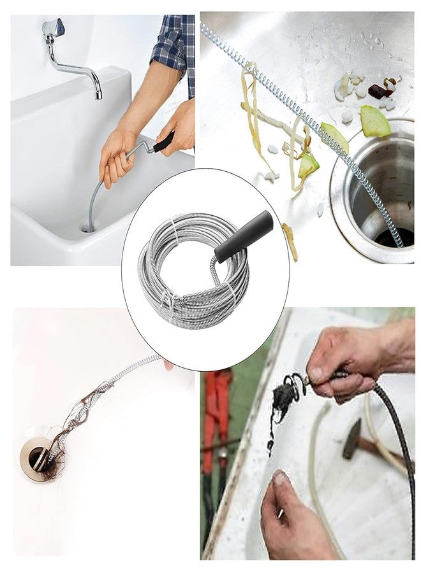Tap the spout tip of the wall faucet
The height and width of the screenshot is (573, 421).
tap(98, 94)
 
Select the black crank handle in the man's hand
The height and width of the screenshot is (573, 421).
tap(163, 141)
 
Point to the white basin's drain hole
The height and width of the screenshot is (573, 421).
tap(89, 227)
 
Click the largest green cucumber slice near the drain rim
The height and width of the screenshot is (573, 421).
tap(374, 121)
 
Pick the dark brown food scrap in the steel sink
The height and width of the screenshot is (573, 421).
tap(381, 91)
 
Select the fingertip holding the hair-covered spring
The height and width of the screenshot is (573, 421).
tap(167, 365)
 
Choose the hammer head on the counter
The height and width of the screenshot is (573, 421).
tap(351, 440)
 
